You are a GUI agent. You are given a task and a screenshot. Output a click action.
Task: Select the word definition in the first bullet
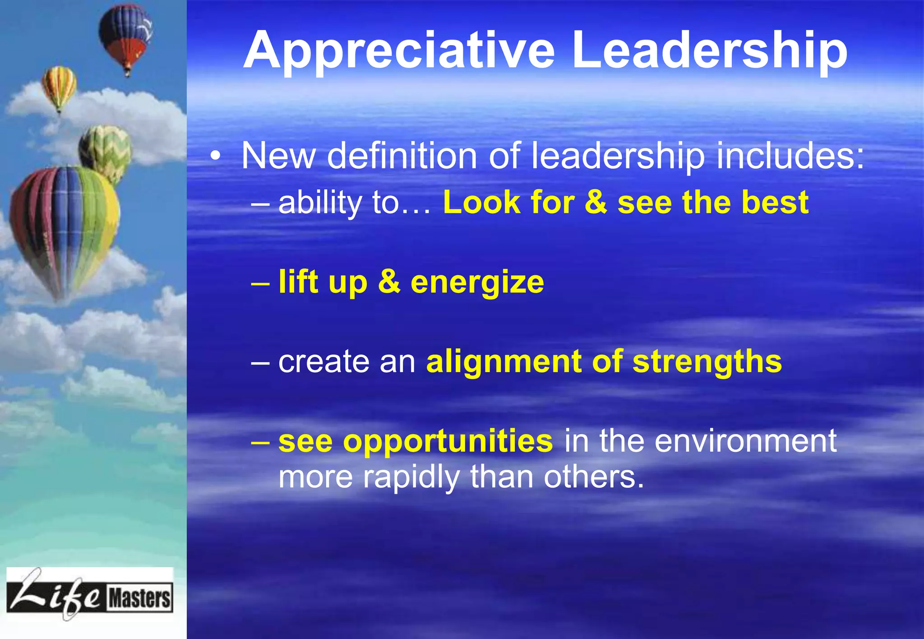[402, 156]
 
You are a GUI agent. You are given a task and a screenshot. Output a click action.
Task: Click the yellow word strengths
[707, 362]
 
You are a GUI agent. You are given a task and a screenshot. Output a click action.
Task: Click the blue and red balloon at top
[126, 36]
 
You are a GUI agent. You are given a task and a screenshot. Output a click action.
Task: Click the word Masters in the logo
[139, 598]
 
